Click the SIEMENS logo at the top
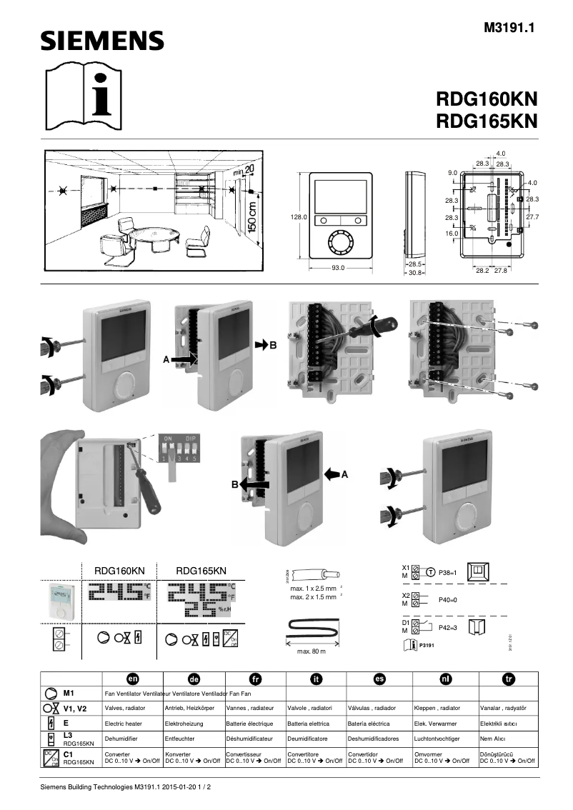pyautogui.click(x=101, y=41)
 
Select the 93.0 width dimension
pyautogui.click(x=338, y=269)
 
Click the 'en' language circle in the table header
pyautogui.click(x=133, y=679)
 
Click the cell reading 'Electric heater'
pyautogui.click(x=125, y=723)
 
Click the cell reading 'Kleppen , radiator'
pyautogui.click(x=437, y=708)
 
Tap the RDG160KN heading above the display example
pyautogui.click(x=119, y=571)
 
